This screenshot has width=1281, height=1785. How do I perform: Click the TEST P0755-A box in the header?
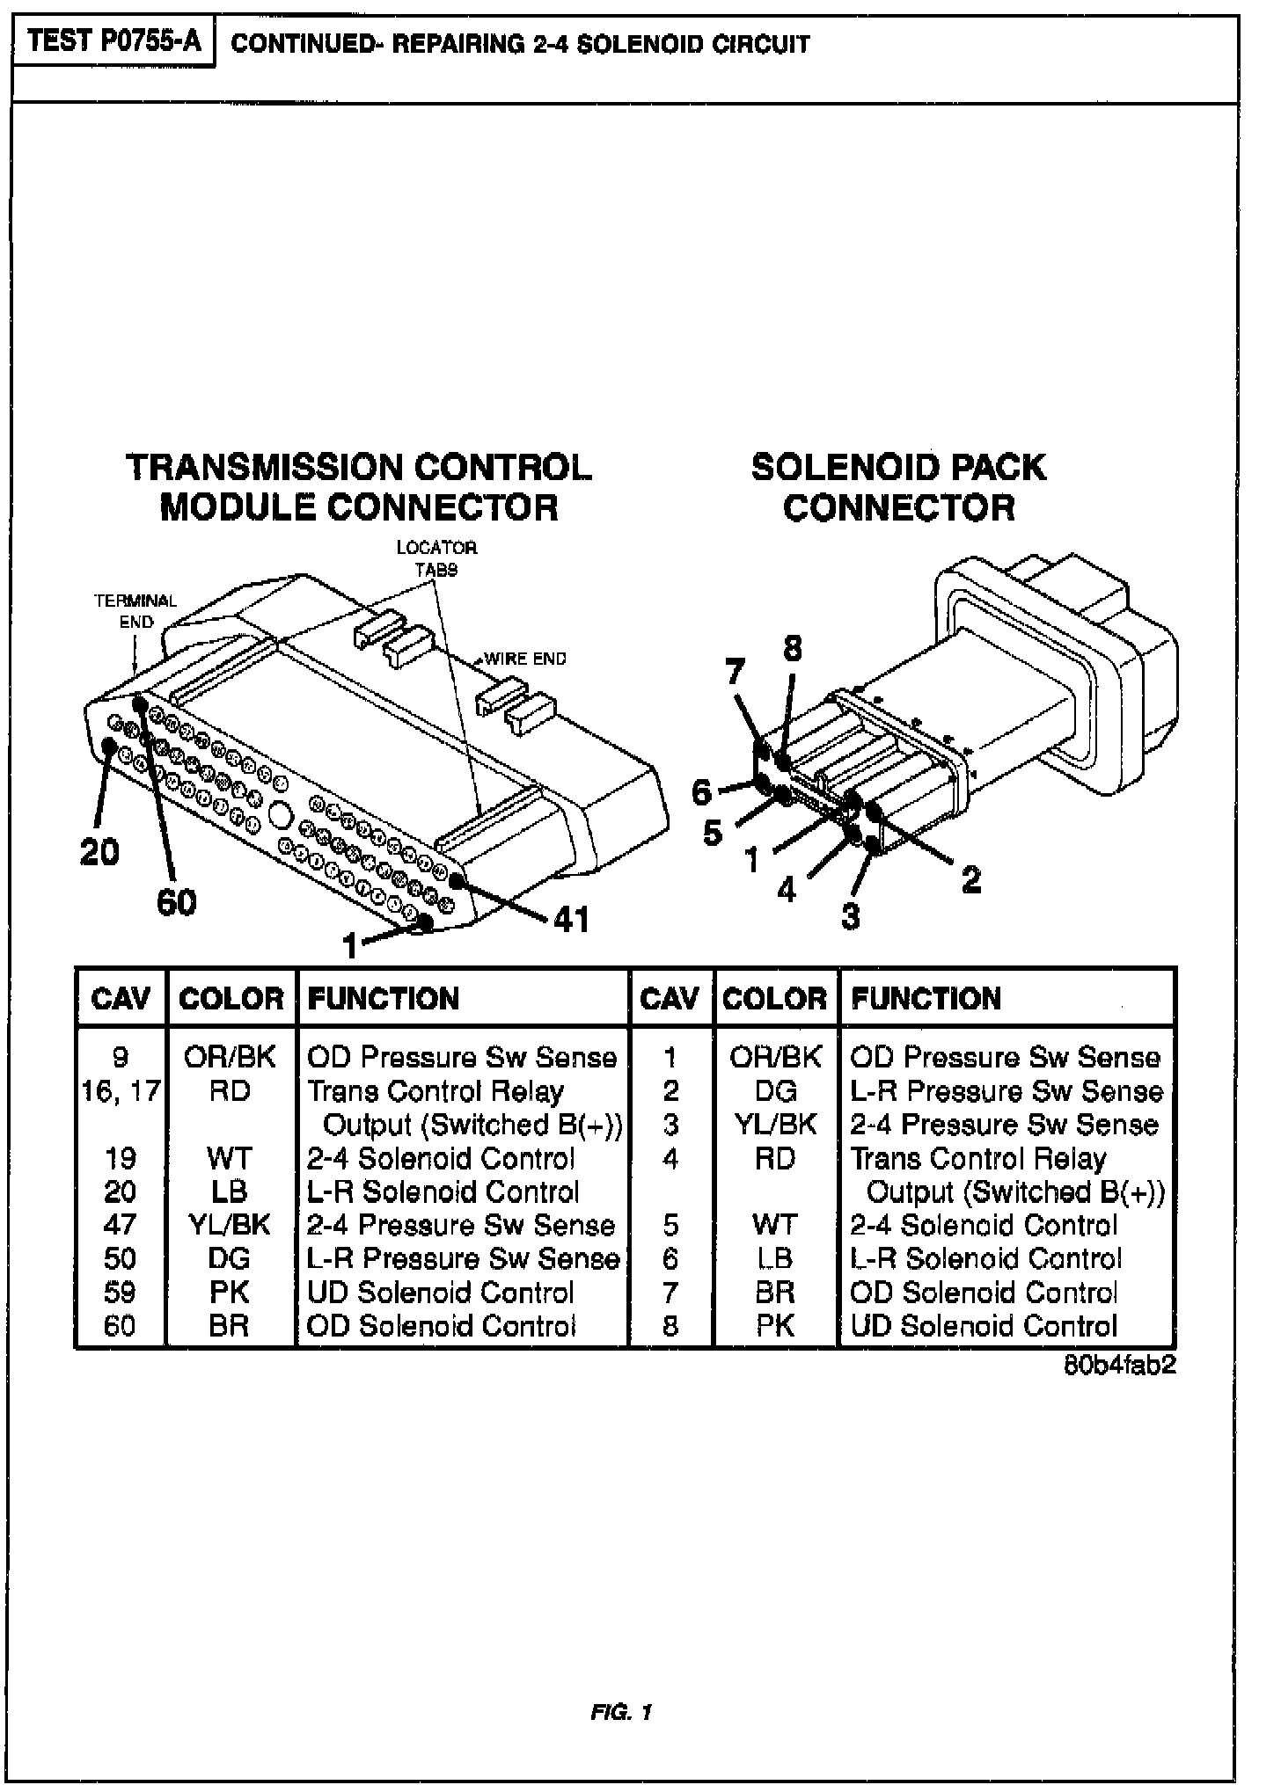tap(114, 43)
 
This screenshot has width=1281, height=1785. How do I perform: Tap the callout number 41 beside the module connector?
tap(571, 920)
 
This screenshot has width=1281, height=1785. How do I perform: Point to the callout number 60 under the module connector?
tap(177, 902)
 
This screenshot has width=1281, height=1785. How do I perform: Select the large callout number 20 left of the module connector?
tap(99, 851)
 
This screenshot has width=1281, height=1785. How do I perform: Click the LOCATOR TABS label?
tap(436, 558)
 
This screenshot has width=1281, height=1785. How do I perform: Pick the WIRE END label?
tap(525, 659)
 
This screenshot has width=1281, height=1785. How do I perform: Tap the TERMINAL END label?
tap(135, 611)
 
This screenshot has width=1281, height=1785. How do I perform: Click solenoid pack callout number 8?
tap(793, 649)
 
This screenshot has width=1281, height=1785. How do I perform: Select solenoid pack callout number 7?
tap(735, 673)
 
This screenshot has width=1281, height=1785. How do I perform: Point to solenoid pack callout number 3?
tap(850, 917)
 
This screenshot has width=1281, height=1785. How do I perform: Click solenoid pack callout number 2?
tap(971, 878)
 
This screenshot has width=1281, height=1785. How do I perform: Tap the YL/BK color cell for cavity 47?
tap(230, 1225)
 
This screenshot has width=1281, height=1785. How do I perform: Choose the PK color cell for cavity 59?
tap(230, 1292)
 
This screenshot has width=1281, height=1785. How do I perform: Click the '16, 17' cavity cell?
tap(121, 1091)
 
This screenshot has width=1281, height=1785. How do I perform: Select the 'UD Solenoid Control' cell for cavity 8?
tap(984, 1325)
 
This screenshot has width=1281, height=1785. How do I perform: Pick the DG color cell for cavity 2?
tap(775, 1091)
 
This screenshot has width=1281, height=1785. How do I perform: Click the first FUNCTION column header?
tap(384, 998)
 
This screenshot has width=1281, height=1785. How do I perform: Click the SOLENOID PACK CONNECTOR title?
tap(898, 487)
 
